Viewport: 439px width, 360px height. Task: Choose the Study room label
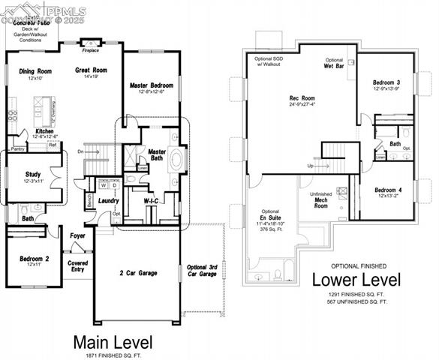33,174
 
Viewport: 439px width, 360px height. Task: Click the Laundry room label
109,200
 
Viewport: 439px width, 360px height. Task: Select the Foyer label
78,235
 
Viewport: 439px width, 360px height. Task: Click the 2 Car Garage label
137,273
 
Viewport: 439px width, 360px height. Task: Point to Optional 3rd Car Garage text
201,271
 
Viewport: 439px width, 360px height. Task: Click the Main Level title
112,342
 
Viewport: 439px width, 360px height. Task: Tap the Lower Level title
356,280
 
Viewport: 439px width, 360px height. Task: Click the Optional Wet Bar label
334,63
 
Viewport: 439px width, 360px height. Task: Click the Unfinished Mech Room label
320,199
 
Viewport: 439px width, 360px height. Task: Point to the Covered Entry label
78,266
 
